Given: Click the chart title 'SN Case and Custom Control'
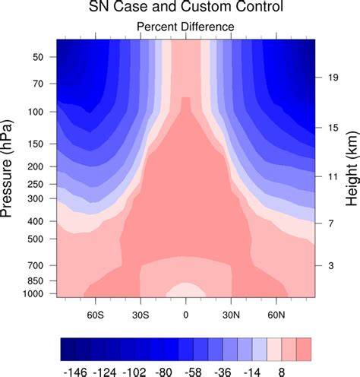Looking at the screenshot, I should [185, 8].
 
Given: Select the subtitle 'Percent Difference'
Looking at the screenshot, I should [185, 27].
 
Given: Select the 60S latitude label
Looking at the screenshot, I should [95, 313].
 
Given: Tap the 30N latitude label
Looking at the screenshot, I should [231, 313].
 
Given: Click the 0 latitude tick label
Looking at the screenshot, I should [185, 313].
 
